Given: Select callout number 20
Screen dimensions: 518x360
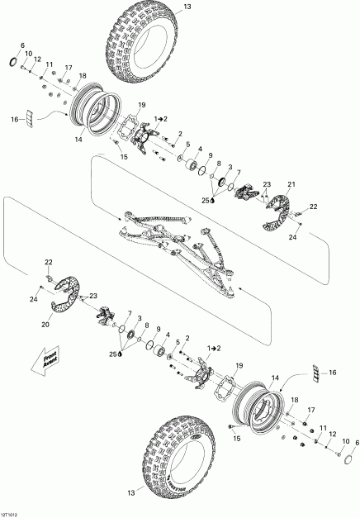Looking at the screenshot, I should (45, 325).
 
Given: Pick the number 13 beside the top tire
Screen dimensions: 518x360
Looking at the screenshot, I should (186, 7).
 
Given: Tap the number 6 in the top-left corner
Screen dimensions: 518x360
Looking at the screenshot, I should (21, 45).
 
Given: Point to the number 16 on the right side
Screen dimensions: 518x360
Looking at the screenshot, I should (334, 373).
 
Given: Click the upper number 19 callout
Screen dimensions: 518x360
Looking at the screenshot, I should (141, 105).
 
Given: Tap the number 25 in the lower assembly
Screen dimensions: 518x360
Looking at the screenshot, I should (113, 354).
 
